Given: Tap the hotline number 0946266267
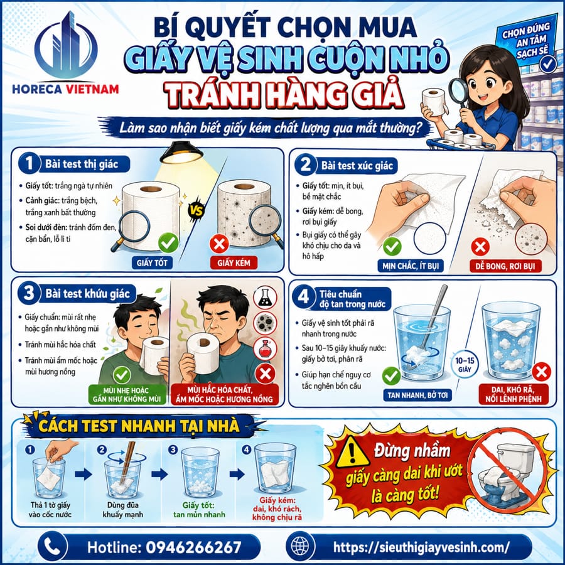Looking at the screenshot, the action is click(x=193, y=547).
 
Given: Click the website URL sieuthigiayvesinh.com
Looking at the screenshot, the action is click(x=421, y=547).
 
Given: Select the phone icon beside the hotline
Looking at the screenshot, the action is click(x=52, y=547).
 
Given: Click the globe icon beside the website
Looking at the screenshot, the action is click(x=300, y=547).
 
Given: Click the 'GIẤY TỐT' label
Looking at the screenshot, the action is click(x=152, y=262).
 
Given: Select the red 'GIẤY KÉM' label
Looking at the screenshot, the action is click(x=234, y=262).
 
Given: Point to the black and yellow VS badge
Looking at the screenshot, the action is click(x=196, y=211).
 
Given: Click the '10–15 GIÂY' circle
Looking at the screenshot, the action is click(x=465, y=364).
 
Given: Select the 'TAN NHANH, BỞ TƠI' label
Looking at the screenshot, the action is click(x=417, y=395).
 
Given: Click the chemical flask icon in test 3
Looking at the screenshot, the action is click(x=265, y=298).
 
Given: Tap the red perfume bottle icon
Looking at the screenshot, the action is click(x=265, y=348).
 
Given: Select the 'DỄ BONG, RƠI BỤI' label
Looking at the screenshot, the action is click(x=505, y=266).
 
